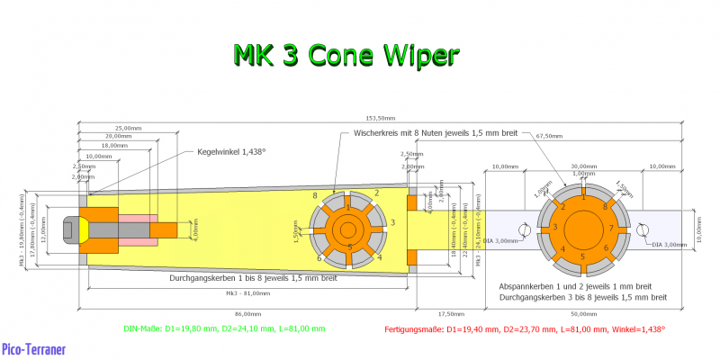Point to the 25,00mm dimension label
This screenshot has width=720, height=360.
[129, 128]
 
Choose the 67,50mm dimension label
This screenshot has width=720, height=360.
[549, 136]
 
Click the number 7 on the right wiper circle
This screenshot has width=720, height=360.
[609, 229]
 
